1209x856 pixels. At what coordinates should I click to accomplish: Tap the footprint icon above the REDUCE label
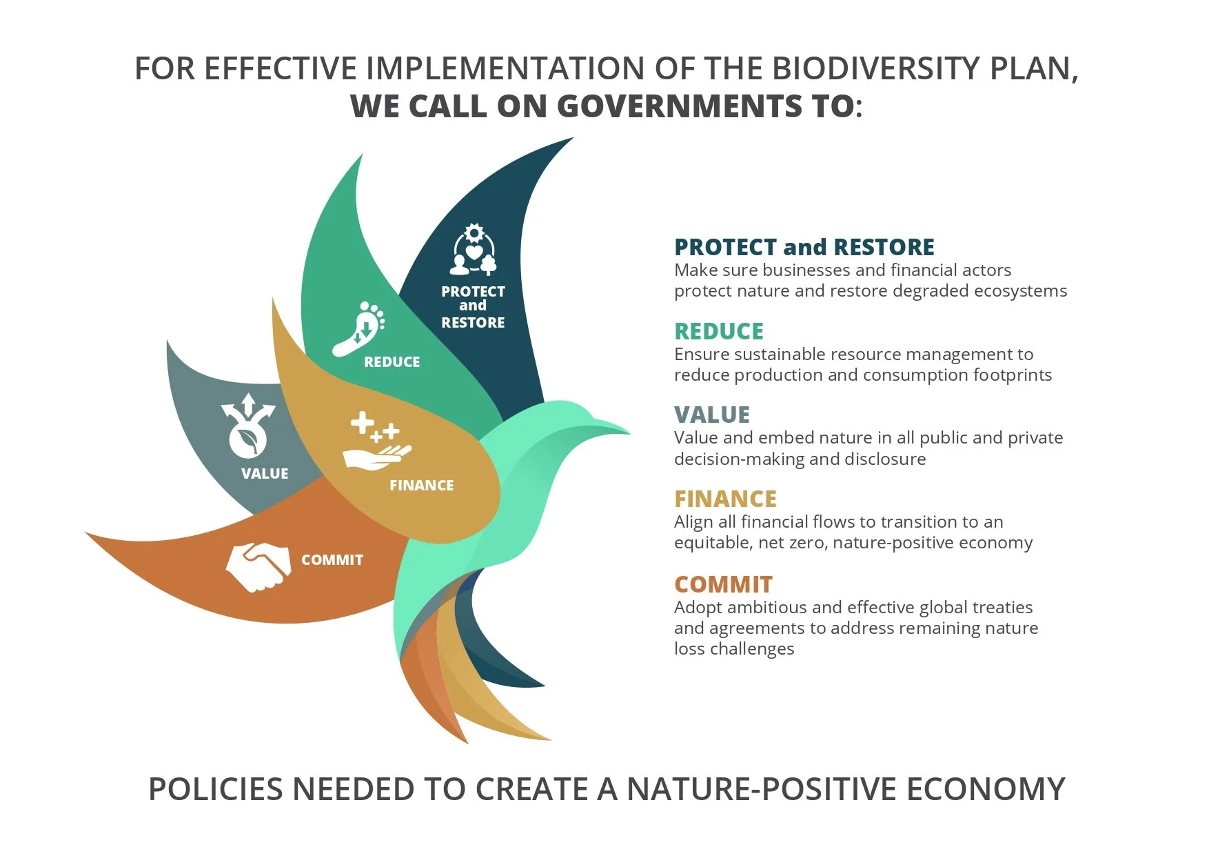(358, 329)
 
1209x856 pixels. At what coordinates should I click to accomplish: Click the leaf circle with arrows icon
(247, 427)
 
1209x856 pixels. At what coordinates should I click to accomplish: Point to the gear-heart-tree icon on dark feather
(474, 250)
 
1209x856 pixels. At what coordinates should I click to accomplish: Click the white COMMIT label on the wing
(332, 560)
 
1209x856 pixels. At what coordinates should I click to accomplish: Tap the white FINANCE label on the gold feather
(421, 486)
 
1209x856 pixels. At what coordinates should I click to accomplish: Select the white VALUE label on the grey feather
(265, 474)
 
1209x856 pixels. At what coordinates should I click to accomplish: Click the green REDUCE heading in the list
(718, 332)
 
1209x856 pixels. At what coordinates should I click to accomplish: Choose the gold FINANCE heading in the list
(725, 499)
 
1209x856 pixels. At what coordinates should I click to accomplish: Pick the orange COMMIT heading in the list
(723, 585)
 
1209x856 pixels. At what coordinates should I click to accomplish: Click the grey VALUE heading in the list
(711, 415)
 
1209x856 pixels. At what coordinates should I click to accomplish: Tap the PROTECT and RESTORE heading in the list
(804, 248)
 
